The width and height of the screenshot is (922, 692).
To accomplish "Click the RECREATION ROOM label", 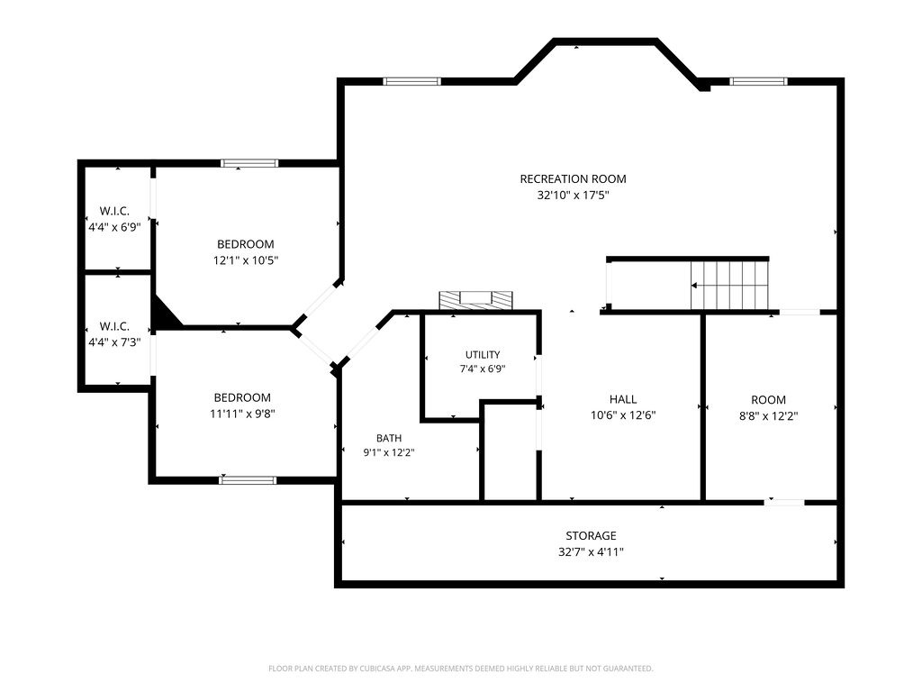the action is coord(573,179).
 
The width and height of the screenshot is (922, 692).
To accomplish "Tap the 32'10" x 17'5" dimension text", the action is coord(573,196).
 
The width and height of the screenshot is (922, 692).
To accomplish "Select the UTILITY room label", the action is coord(483,354).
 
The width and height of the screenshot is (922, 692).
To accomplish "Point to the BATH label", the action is coord(389,439).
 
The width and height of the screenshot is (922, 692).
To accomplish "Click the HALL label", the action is coord(623,399).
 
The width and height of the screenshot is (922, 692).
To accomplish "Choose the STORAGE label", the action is coord(591,535).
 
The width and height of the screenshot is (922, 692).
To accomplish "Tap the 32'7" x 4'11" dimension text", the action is coord(591,552).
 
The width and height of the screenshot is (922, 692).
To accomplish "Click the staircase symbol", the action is coord(729,285).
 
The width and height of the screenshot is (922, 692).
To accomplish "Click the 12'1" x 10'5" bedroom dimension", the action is coord(246,260).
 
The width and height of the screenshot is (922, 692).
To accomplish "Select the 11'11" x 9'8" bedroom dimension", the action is coord(242,414).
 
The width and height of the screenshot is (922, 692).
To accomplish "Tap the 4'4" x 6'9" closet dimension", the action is coord(114,227).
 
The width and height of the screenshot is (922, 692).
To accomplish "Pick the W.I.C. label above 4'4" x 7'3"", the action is coord(114,326).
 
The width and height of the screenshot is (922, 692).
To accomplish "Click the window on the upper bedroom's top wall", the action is coord(249,163).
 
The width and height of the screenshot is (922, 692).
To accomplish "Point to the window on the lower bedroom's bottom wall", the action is coord(248,480).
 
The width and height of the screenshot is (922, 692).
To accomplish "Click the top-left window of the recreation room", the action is coord(411,81).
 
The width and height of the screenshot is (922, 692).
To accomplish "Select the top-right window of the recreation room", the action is coord(758,81).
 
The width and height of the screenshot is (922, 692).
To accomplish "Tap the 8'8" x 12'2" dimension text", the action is coord(769,416).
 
